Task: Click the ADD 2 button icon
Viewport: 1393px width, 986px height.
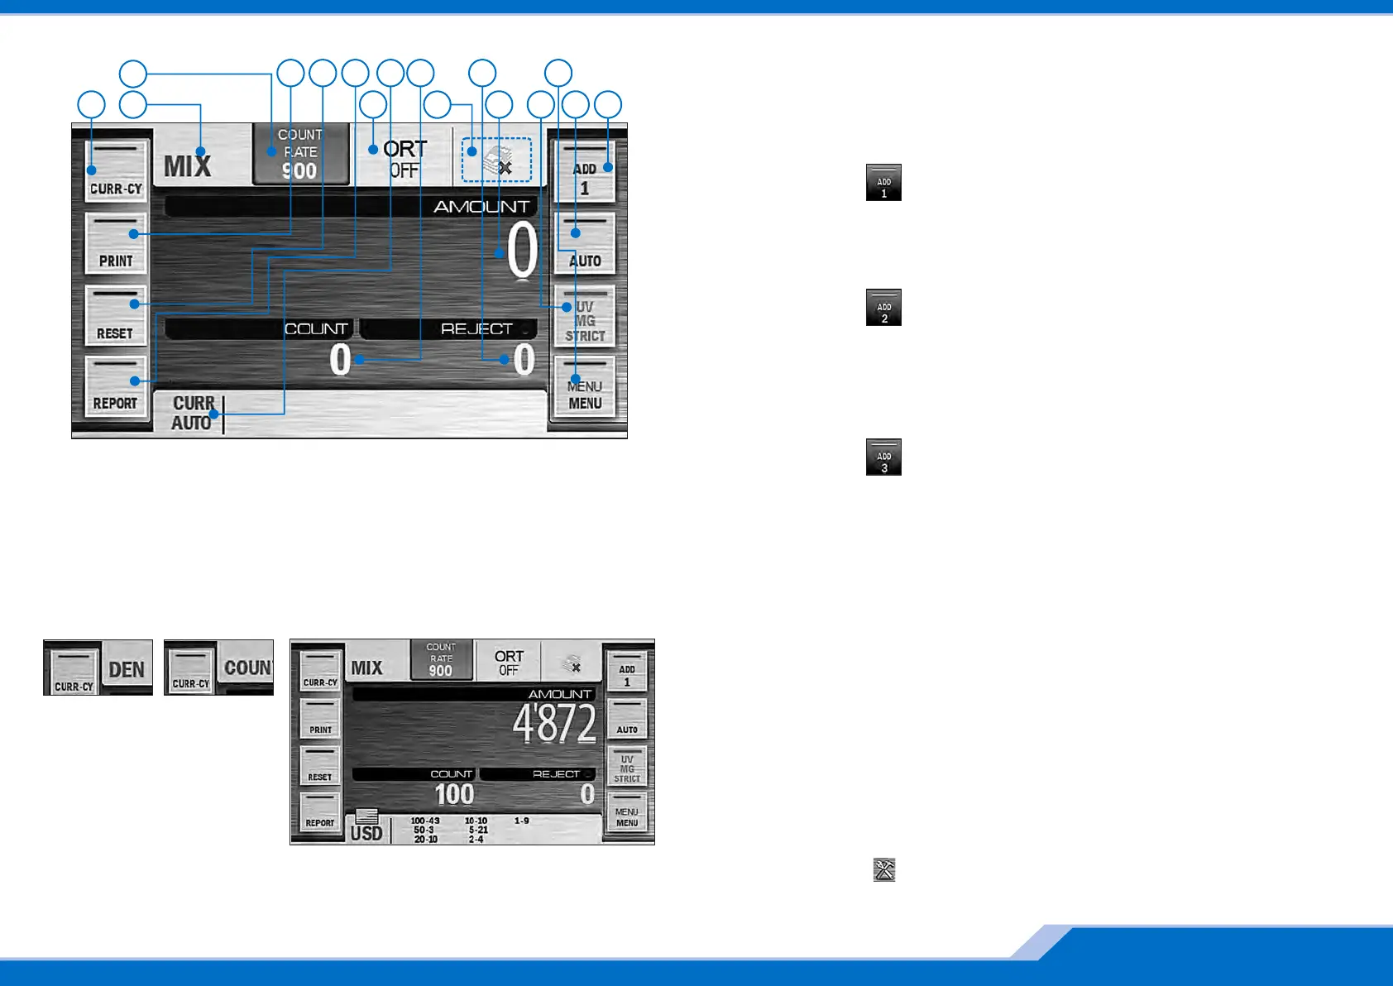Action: pos(883,308)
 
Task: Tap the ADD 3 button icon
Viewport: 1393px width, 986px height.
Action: pos(883,457)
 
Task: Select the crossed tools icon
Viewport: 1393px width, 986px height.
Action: pos(884,869)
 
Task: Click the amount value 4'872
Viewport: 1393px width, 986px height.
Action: pos(554,725)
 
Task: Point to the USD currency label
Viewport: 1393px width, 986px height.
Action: pos(366,833)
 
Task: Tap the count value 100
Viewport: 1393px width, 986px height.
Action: pos(454,795)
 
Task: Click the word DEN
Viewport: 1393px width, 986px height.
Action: pos(127,669)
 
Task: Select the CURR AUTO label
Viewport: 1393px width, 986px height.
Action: pos(192,413)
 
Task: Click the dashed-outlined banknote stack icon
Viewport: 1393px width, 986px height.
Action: pos(496,160)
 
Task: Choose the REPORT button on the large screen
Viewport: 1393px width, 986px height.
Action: pos(116,386)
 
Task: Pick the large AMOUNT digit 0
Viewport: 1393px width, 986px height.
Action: pos(522,251)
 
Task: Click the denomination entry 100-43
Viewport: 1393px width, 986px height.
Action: pos(425,821)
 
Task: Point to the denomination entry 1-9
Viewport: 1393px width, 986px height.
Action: pos(521,821)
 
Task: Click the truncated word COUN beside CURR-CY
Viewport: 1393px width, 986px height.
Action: pos(247,668)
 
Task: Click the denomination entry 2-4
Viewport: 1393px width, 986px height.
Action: pos(476,840)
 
